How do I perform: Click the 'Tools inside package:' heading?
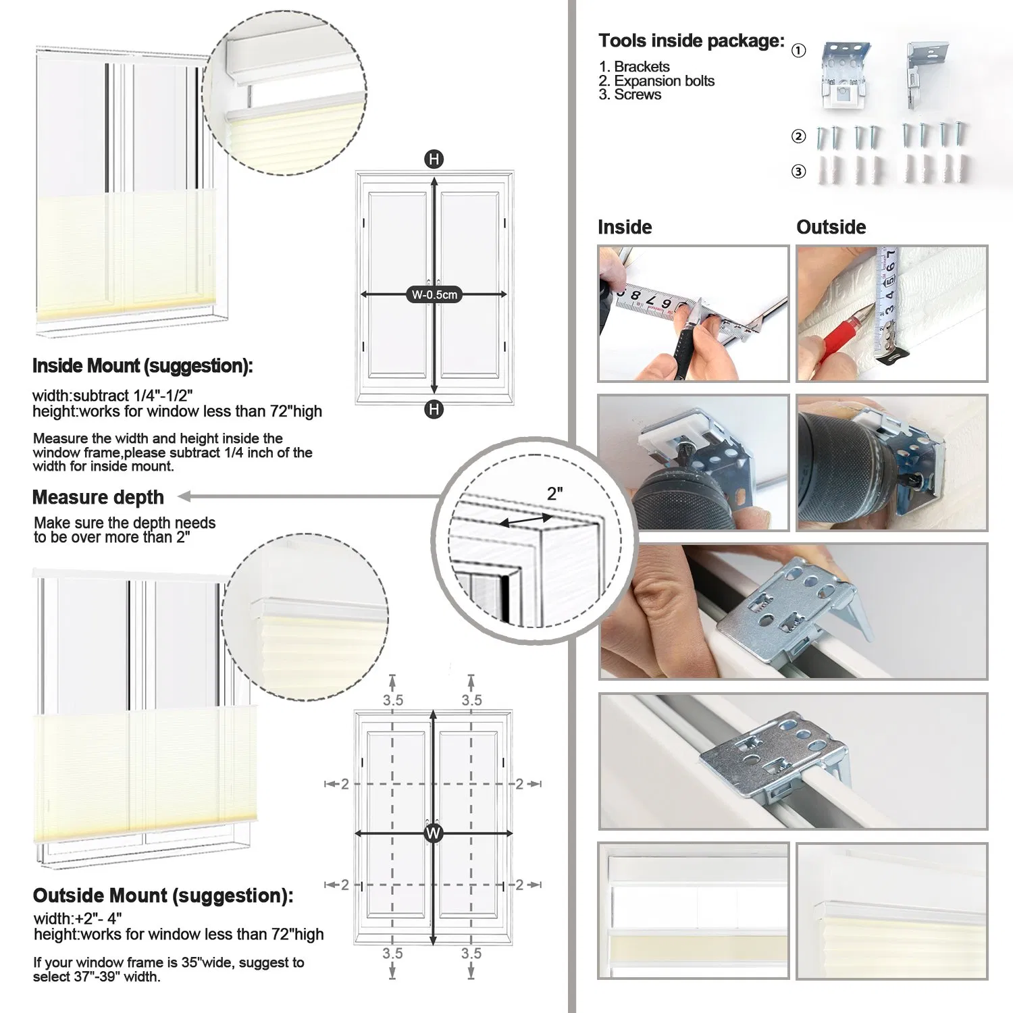pos(691,41)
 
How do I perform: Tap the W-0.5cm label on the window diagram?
pos(434,294)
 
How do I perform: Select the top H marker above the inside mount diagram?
pos(434,160)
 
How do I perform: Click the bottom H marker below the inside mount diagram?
pos(434,409)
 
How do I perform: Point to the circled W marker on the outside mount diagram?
pos(433,833)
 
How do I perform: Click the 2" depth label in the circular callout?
pos(555,494)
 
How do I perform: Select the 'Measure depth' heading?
pos(98,498)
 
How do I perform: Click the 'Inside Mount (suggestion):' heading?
pos(142,366)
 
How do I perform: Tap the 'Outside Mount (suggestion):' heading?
pos(163,895)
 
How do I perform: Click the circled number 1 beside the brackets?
pos(798,51)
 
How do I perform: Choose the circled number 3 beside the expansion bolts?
pos(798,172)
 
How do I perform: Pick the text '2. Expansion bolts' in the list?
pos(656,81)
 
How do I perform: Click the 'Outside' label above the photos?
pos(831,227)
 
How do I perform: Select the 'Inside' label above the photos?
pos(625,227)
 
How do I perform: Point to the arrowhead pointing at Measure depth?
pos(184,497)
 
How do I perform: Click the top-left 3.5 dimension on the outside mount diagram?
pos(392,700)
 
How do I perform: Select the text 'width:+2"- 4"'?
pos(78,918)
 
